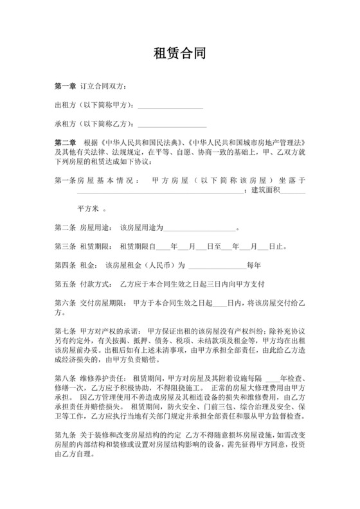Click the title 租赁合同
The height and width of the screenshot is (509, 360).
tap(180, 54)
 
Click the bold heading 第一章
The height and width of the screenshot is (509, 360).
tap(66, 87)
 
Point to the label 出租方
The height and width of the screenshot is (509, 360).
tap(65, 105)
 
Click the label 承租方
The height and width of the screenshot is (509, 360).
tap(65, 123)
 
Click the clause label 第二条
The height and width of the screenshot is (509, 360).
tap(65, 228)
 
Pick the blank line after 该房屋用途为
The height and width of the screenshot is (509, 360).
tap(201, 228)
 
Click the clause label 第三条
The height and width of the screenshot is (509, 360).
tap(65, 246)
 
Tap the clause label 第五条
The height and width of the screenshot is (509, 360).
tap(65, 283)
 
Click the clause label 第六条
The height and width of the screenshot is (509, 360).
tap(65, 302)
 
